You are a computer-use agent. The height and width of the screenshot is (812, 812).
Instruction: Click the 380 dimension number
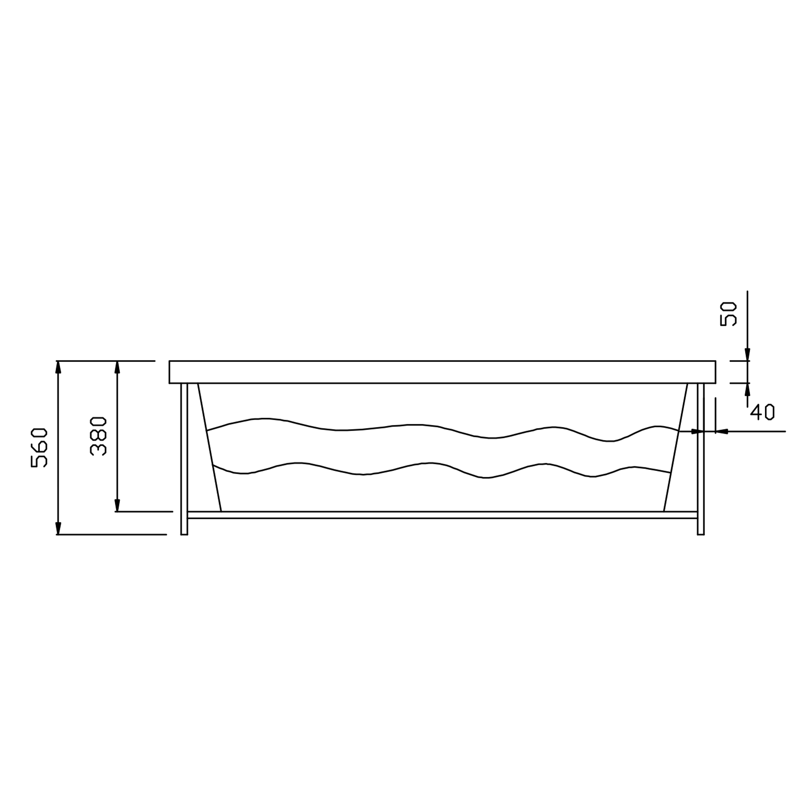coord(98,436)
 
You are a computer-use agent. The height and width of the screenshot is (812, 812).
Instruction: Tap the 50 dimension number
coord(728,314)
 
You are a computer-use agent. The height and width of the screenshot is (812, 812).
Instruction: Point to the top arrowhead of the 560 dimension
coord(58,367)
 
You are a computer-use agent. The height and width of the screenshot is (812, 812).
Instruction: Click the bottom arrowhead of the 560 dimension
coord(58,528)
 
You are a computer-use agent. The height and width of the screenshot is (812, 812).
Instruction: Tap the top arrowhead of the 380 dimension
coord(118,367)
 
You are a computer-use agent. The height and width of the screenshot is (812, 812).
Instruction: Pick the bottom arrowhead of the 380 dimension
coord(118,505)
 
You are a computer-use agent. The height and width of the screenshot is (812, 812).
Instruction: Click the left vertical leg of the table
coord(184,459)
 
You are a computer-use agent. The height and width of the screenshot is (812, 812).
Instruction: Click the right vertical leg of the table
coord(701,459)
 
